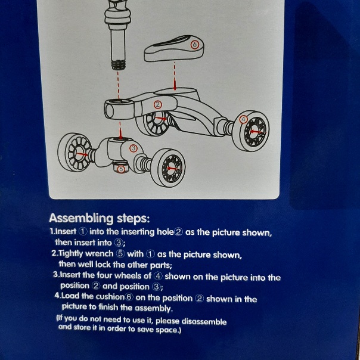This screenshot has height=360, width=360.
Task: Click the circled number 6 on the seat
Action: [x=194, y=45]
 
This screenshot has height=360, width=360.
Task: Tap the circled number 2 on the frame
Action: [x=157, y=105]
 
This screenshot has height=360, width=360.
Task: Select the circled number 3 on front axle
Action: [x=134, y=148]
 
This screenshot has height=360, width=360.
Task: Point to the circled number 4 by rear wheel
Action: [x=243, y=119]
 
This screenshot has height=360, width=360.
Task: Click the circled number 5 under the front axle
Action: [x=121, y=169]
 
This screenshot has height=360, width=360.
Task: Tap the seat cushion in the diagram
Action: [x=174, y=48]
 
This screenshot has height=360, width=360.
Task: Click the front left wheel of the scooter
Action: [x=75, y=151]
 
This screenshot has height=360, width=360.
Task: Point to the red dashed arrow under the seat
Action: [x=175, y=76]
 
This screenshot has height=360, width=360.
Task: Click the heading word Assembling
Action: [x=81, y=218]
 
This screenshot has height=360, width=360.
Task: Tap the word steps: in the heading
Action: [x=133, y=219]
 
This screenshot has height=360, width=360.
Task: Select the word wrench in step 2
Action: [x=100, y=254]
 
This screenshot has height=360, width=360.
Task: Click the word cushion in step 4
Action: [x=110, y=297]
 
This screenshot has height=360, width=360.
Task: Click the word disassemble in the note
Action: [x=204, y=321]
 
